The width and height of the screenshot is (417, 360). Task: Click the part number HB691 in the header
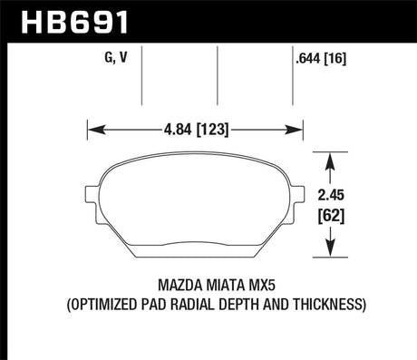click(x=56, y=19)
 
